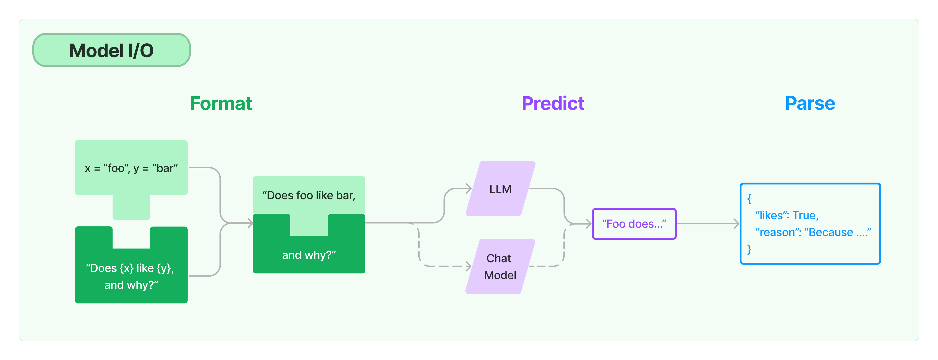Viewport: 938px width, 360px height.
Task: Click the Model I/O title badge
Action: tap(111, 50)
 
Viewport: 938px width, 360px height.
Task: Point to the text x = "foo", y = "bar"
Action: tap(131, 168)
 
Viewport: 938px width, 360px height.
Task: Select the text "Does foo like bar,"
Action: tap(309, 195)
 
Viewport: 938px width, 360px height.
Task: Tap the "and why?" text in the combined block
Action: tap(309, 255)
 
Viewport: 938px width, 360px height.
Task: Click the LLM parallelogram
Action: tap(500, 188)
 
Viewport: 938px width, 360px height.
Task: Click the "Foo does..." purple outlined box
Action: tap(634, 224)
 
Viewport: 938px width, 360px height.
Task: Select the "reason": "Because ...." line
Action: tap(813, 232)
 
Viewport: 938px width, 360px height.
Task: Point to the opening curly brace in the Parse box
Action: tap(749, 199)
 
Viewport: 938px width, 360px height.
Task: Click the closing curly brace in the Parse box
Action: tap(749, 249)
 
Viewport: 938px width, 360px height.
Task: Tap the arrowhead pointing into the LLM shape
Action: tap(469, 188)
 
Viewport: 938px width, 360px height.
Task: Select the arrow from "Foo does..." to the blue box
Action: tap(708, 224)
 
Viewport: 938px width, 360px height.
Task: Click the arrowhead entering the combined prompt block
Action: tap(250, 223)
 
